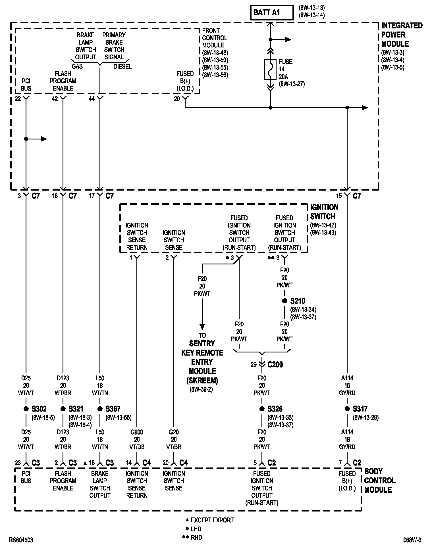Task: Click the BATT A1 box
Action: pyautogui.click(x=271, y=13)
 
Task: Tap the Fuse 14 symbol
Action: pyautogui.click(x=270, y=69)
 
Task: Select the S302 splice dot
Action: pyautogui.click(x=26, y=409)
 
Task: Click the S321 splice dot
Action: pyautogui.click(x=63, y=409)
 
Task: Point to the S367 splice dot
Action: pyautogui.click(x=100, y=409)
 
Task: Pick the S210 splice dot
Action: pyautogui.click(x=284, y=301)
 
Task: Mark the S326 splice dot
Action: pyautogui.click(x=262, y=409)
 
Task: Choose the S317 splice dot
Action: pyautogui.click(x=347, y=409)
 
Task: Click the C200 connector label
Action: pyautogui.click(x=275, y=364)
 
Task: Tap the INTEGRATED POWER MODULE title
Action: pyautogui.click(x=401, y=35)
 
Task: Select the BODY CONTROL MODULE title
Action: pyautogui.click(x=379, y=481)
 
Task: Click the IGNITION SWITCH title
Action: pyautogui.click(x=324, y=212)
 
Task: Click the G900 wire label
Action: pyautogui.click(x=137, y=432)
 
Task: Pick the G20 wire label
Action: pyautogui.click(x=174, y=432)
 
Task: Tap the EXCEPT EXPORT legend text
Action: pyautogui.click(x=212, y=520)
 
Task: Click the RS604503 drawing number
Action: pyautogui.click(x=21, y=540)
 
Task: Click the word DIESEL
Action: pyautogui.click(x=122, y=66)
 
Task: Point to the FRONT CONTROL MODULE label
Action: pyautogui.click(x=215, y=38)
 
